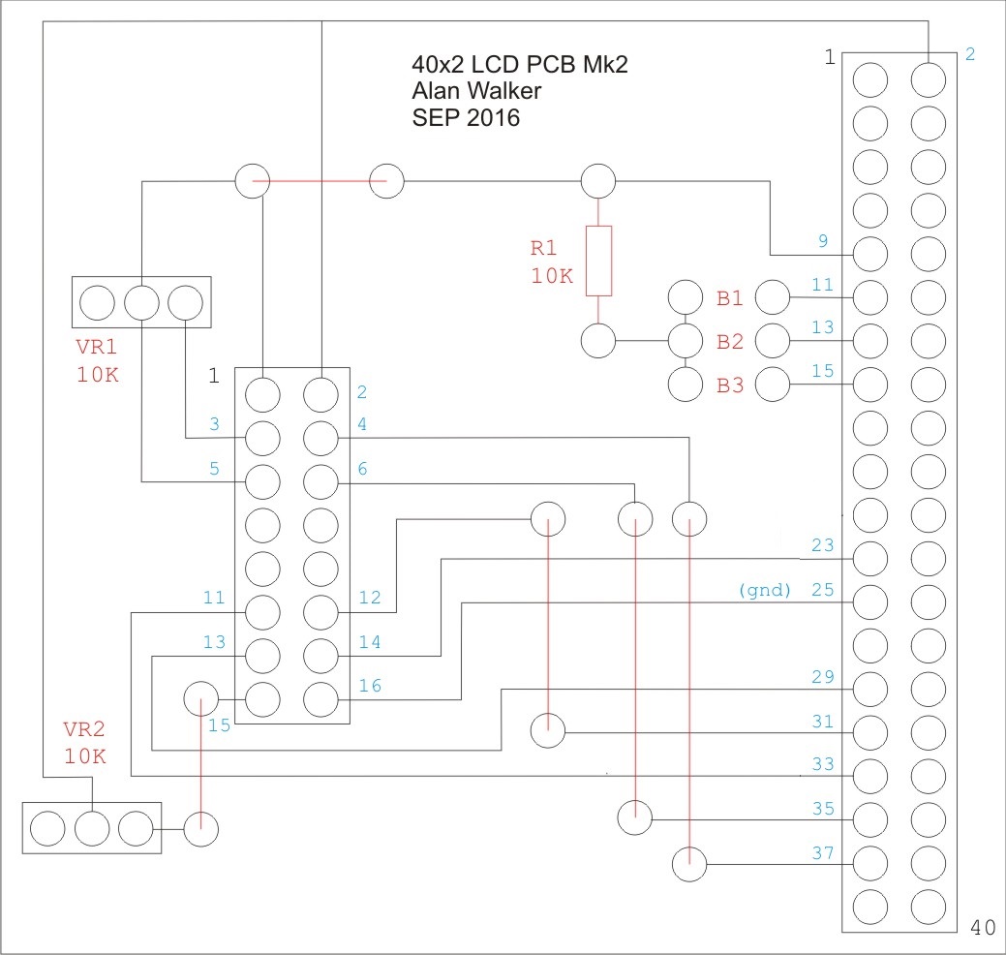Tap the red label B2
tap(730, 342)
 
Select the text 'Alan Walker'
tap(476, 90)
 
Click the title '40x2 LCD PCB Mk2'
tap(520, 64)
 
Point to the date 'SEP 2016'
tap(466, 117)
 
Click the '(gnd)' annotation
tap(765, 590)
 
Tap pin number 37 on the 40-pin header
tap(823, 853)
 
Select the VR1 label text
tap(96, 347)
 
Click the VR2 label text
tap(84, 729)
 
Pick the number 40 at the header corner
tap(983, 928)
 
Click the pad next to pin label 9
tap(870, 254)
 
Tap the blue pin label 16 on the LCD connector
tap(370, 686)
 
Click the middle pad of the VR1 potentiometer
tap(141, 302)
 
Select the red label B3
tap(730, 385)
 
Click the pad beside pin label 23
tap(870, 558)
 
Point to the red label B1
tap(730, 297)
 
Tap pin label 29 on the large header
tap(823, 676)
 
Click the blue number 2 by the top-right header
tap(970, 54)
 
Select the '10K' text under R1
tap(552, 276)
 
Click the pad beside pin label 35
tap(870, 819)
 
